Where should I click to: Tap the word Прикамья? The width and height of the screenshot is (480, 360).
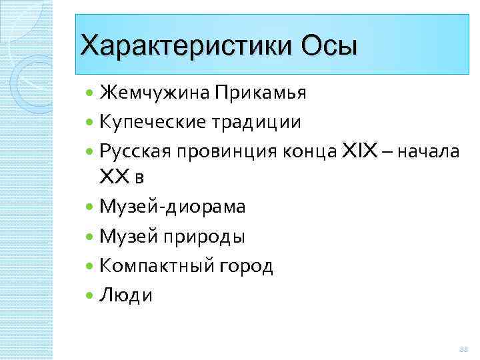point(261,92)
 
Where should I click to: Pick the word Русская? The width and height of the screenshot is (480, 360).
point(136,152)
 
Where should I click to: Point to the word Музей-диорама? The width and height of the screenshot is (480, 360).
point(172,207)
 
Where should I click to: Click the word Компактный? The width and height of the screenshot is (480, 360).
point(157,267)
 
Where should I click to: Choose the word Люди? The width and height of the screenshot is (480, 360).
point(125,296)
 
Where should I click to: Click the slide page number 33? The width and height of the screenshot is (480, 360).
point(464,349)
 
